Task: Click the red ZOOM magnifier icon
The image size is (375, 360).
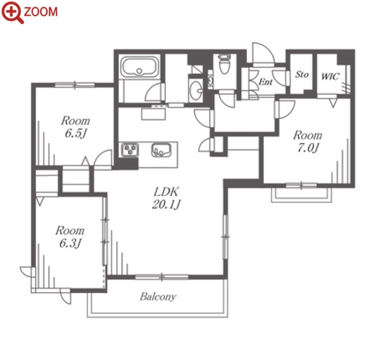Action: click(12, 12)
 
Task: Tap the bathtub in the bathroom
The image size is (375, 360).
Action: click(139, 67)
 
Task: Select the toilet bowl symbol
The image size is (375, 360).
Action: click(224, 63)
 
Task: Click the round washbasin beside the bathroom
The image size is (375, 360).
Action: click(196, 90)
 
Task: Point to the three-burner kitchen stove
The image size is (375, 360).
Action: click(130, 150)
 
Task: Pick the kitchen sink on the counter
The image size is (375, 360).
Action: click(161, 150)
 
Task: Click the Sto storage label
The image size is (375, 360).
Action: click(301, 75)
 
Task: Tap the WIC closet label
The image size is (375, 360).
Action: click(331, 76)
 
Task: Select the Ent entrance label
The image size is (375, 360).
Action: click(265, 81)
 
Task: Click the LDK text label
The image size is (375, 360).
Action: click(166, 192)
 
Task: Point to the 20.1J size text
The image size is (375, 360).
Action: click(166, 204)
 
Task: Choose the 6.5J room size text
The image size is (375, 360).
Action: click(75, 133)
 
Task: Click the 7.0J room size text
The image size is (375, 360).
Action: click(308, 148)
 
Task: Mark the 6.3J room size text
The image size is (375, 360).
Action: click(70, 243)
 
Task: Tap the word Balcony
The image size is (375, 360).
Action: click(158, 297)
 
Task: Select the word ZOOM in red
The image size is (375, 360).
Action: click(41, 12)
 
